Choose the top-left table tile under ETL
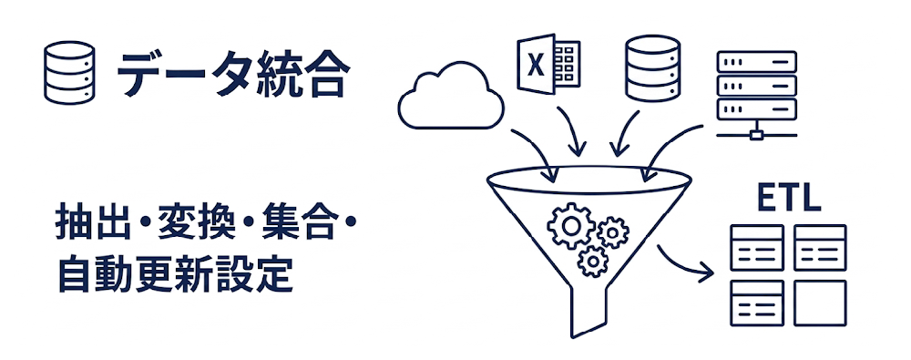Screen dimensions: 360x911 click(757, 247)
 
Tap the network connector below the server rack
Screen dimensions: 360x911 click(755, 135)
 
